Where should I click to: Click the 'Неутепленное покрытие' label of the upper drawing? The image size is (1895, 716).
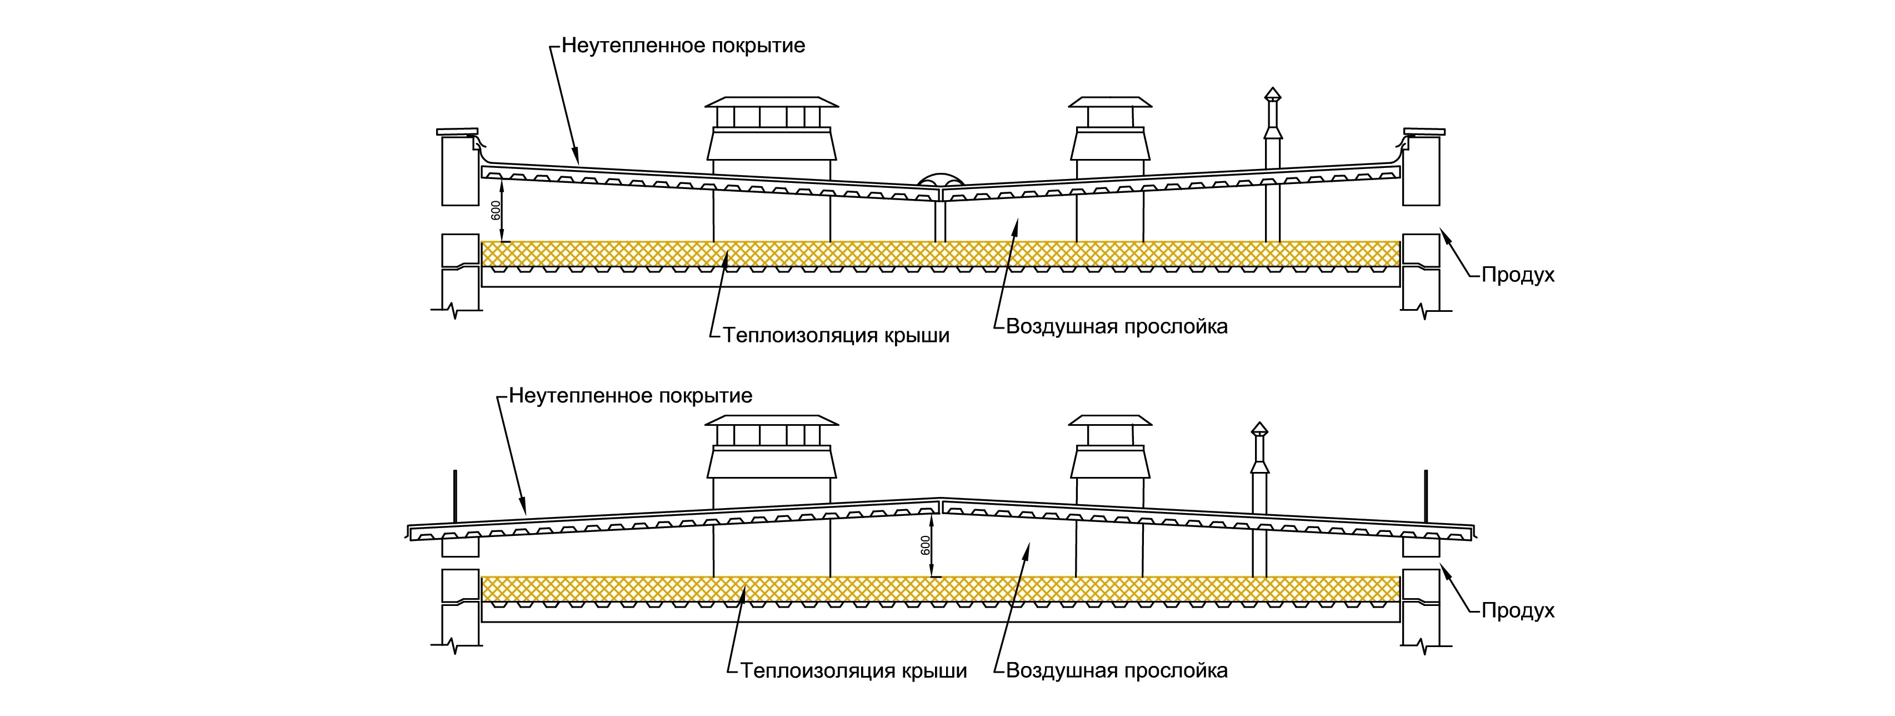(x=683, y=46)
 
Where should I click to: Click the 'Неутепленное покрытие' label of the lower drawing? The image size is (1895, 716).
(x=631, y=396)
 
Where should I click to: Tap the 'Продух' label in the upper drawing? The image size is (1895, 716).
(x=1518, y=275)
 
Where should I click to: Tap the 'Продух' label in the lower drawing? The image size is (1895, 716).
(x=1518, y=611)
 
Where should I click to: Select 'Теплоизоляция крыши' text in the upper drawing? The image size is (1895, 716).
(x=837, y=336)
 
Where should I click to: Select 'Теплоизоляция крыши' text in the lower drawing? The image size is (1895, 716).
(x=854, y=671)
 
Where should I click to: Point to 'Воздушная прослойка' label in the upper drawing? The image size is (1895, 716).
(x=1117, y=326)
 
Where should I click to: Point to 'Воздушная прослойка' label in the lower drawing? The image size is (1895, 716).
(x=1117, y=671)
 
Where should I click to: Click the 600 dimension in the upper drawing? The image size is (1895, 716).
(x=496, y=211)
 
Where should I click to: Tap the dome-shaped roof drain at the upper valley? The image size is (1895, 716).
(x=940, y=180)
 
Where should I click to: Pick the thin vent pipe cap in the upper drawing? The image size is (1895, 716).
(x=1272, y=94)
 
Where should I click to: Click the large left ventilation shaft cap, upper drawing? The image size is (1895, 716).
(x=772, y=102)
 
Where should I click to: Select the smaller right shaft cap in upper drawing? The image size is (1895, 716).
(x=1110, y=102)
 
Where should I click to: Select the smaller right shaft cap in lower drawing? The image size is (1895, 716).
(x=1109, y=420)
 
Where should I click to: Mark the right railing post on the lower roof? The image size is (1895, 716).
(x=1426, y=494)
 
